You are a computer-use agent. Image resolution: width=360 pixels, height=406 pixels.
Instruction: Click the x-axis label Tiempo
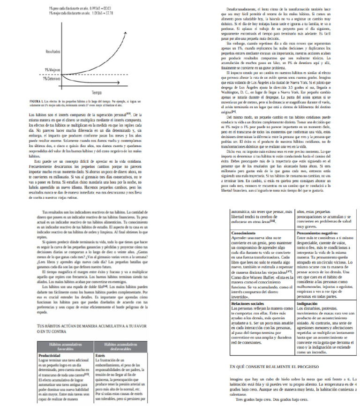coord(97,92)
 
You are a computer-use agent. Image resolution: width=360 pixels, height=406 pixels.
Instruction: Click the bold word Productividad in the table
coord(49,329)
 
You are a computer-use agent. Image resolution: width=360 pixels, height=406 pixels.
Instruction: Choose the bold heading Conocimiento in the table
coord(244,233)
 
